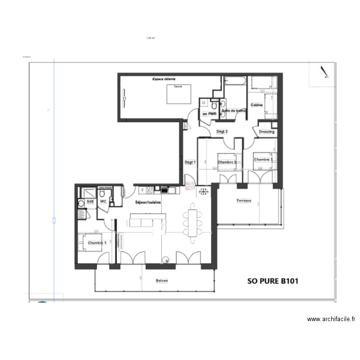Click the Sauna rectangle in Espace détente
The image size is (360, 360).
tap(180, 94)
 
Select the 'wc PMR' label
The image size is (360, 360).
tap(210, 114)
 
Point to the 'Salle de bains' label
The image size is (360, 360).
tap(234, 110)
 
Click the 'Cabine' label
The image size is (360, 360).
tap(255, 105)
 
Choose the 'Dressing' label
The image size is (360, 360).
tap(266, 132)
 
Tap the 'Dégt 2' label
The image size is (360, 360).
tap(222, 132)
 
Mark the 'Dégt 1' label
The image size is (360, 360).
tap(190, 162)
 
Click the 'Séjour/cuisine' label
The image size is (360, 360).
tap(148, 202)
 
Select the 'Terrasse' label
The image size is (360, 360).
tap(243, 201)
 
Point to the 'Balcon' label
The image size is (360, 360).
tap(162, 281)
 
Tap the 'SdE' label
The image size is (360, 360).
tap(90, 202)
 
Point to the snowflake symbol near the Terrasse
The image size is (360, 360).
tap(204, 192)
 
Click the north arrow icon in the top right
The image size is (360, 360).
tap(325, 72)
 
